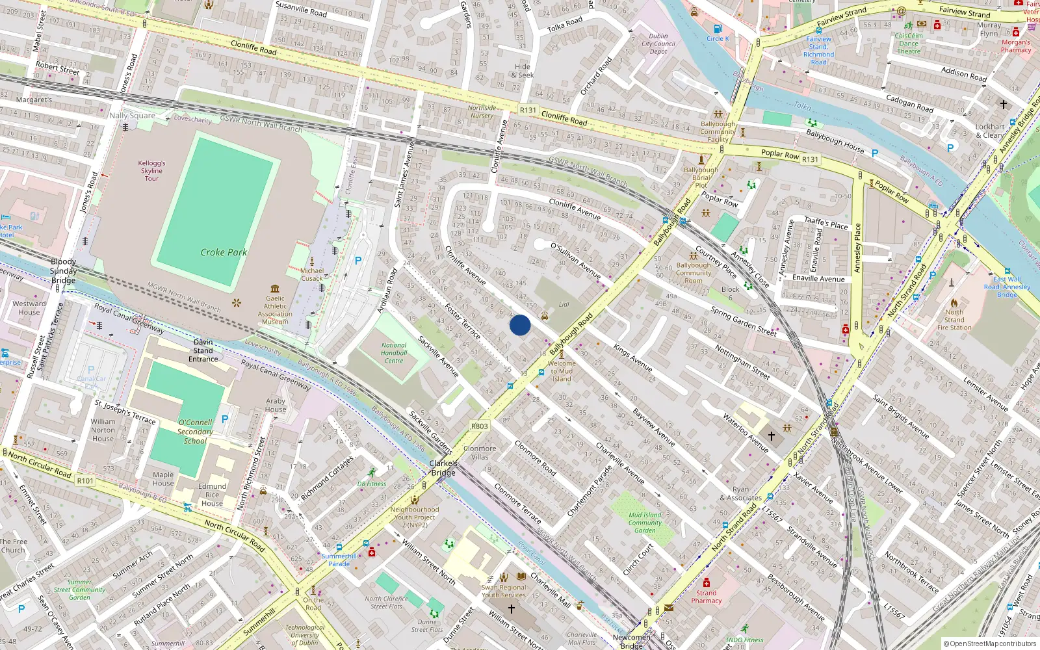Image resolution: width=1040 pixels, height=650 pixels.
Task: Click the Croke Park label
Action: click(x=224, y=252)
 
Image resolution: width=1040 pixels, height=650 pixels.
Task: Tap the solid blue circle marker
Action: click(x=520, y=325)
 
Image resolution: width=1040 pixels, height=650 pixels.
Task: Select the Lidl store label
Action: click(x=564, y=304)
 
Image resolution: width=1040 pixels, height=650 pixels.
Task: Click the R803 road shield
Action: click(x=480, y=426)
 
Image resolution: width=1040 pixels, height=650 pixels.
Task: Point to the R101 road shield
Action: click(x=85, y=481)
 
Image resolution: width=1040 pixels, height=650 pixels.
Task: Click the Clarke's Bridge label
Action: click(x=443, y=468)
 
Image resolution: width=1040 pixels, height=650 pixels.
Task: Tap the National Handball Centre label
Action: click(x=394, y=353)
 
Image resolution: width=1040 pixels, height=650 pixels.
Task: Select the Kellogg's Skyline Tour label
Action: click(x=152, y=171)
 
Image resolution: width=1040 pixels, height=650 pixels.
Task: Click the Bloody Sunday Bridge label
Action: click(x=63, y=271)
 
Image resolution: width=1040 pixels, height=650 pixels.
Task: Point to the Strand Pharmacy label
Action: click(x=707, y=597)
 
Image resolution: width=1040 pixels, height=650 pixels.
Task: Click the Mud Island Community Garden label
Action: click(x=645, y=523)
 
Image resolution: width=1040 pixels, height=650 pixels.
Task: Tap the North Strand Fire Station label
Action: click(x=954, y=320)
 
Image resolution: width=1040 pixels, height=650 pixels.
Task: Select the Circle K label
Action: click(x=718, y=38)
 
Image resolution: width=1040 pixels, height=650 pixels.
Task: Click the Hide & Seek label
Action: click(x=523, y=71)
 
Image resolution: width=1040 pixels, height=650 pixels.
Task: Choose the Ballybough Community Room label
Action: click(x=694, y=273)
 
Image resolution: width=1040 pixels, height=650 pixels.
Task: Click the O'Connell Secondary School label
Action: click(x=195, y=432)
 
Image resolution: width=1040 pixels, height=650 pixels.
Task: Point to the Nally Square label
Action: click(x=133, y=116)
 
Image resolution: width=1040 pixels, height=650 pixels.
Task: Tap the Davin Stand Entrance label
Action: click(x=203, y=350)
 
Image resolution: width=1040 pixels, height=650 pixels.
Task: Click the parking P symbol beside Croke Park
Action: click(x=358, y=261)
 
